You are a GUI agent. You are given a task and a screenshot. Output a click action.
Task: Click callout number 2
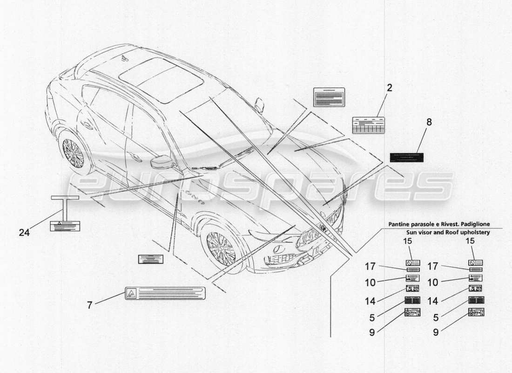coord(389,87)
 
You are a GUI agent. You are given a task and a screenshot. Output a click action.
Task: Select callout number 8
coord(429,122)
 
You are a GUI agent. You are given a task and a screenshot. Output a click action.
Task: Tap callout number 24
coord(24,232)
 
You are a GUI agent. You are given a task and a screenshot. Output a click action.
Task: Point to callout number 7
coord(89,305)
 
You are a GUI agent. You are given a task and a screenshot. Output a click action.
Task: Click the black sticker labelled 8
coord(406,157)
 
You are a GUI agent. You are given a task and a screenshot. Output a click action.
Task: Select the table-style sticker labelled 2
coord(368,125)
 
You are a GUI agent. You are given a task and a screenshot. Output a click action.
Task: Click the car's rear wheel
coord(74,153)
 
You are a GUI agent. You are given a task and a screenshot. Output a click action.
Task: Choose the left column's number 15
coord(407,241)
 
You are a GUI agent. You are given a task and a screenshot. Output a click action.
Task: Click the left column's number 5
coord(372,317)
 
